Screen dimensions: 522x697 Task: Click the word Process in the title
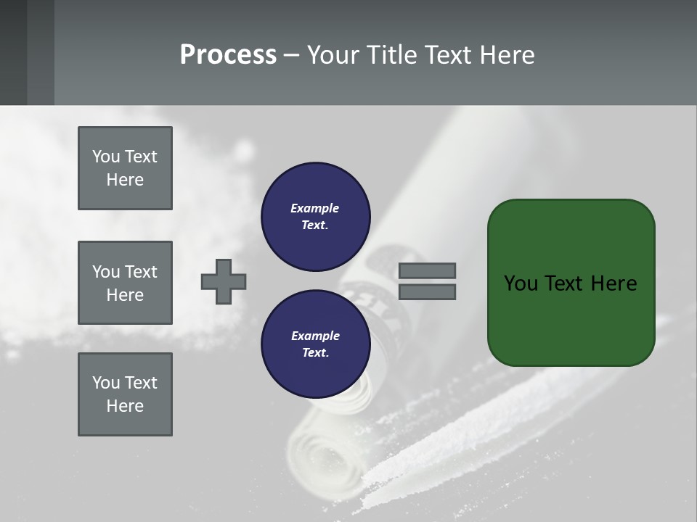228,54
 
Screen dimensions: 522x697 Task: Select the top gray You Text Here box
125,168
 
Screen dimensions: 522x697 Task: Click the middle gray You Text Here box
125,283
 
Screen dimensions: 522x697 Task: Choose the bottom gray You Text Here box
125,394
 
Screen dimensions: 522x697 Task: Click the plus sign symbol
224,281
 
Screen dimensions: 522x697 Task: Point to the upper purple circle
315,217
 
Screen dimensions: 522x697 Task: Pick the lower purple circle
315,344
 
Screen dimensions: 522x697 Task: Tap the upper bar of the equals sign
427,270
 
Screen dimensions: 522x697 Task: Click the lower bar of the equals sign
427,292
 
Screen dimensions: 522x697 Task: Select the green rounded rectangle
571,283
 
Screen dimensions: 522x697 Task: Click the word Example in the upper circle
315,208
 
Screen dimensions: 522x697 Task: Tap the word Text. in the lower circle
315,353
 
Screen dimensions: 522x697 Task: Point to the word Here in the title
508,54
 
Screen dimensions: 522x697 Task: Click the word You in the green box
521,283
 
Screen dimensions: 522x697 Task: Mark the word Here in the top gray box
125,180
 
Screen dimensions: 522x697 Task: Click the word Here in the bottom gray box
125,406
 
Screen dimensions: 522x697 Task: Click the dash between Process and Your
292,55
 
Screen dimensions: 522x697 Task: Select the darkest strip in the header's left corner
13,52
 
